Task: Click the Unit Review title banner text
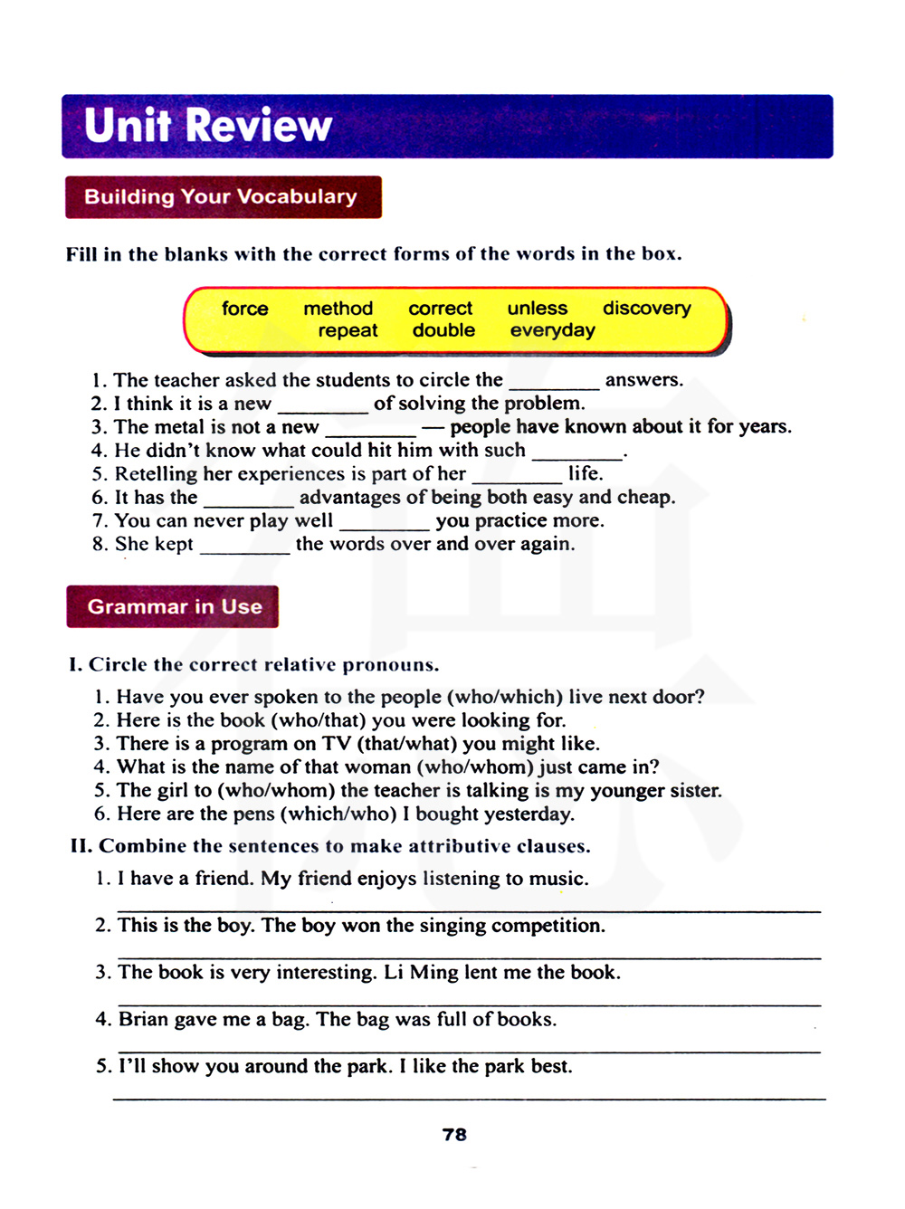click(x=208, y=126)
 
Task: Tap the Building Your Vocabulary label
click(x=221, y=196)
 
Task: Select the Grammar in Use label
click(x=175, y=606)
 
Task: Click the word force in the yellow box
click(x=245, y=309)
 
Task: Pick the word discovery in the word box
click(x=646, y=308)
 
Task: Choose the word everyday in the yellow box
click(x=552, y=330)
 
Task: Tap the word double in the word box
click(x=443, y=330)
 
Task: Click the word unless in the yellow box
click(x=538, y=309)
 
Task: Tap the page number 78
click(x=454, y=1135)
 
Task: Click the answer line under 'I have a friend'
click(x=469, y=909)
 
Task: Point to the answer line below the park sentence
click(x=469, y=1098)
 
